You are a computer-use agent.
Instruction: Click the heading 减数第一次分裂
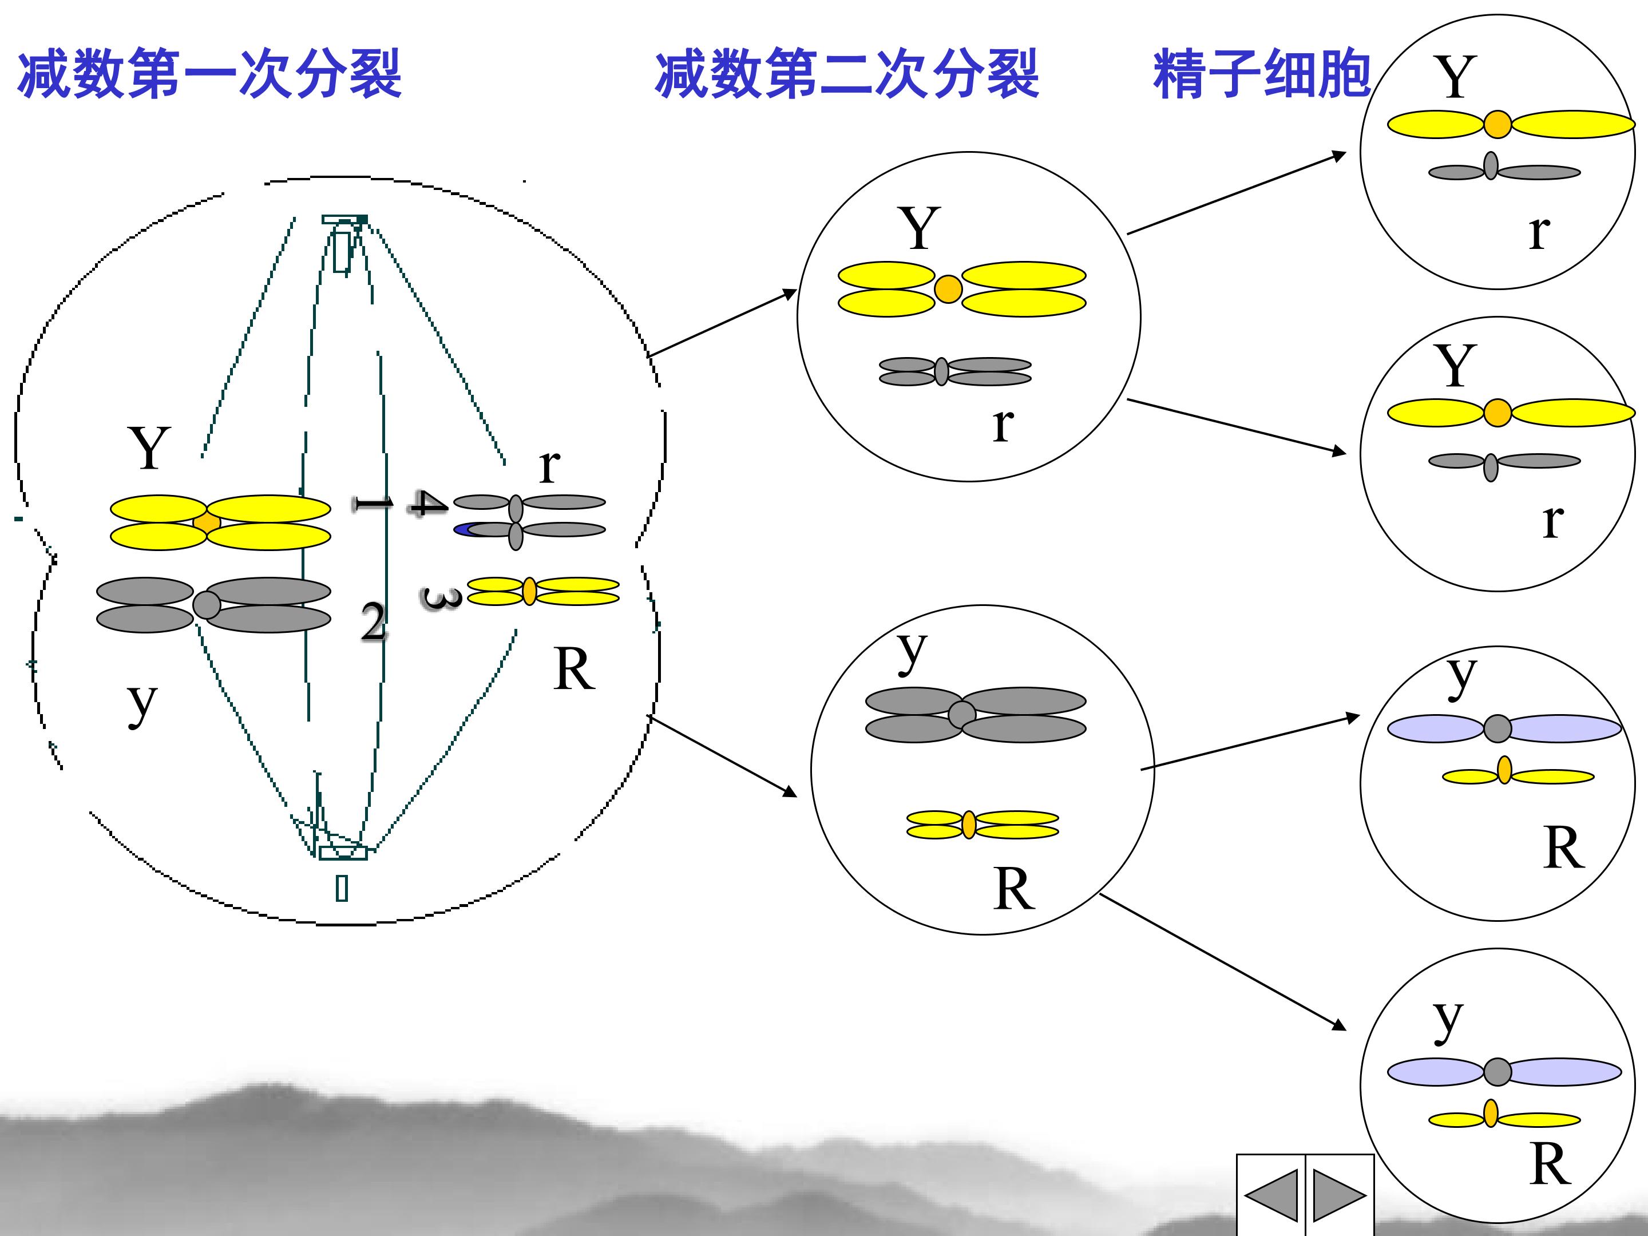pyautogui.click(x=209, y=74)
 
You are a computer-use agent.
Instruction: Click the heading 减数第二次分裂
pyautogui.click(x=846, y=74)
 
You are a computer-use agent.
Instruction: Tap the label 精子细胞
pyautogui.click(x=1261, y=74)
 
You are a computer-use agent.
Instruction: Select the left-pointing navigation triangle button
pyautogui.click(x=1271, y=1195)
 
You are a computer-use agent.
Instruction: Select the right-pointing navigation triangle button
pyautogui.click(x=1339, y=1195)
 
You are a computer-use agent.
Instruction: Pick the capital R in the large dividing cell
pyautogui.click(x=574, y=669)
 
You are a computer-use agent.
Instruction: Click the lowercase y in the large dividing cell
pyautogui.click(x=141, y=704)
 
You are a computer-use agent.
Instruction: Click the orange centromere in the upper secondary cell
pyautogui.click(x=948, y=289)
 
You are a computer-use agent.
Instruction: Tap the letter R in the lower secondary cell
pyautogui.click(x=1014, y=889)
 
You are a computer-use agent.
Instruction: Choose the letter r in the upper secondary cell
pyautogui.click(x=1003, y=425)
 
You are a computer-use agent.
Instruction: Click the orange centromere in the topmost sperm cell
pyautogui.click(x=1498, y=124)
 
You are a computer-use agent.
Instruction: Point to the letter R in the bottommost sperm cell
pyautogui.click(x=1550, y=1164)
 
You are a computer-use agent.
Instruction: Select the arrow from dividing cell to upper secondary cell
pyautogui.click(x=721, y=323)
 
